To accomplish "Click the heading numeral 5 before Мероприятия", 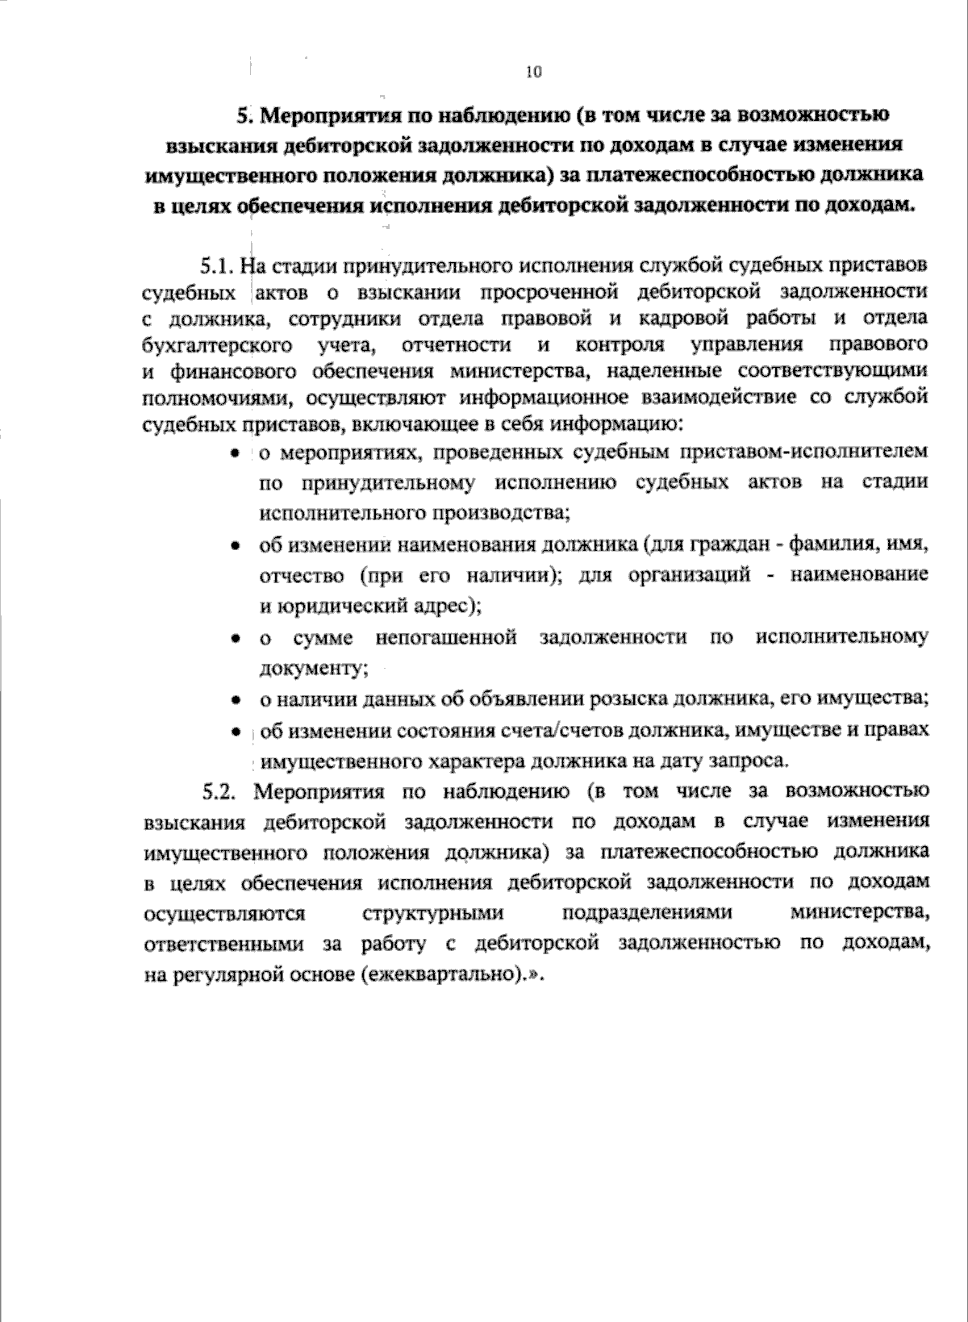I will pyautogui.click(x=244, y=115).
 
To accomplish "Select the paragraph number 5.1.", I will pyautogui.click(x=215, y=265).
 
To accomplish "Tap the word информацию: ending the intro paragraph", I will pyautogui.click(x=615, y=424).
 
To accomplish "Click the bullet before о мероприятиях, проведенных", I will pyautogui.click(x=235, y=454).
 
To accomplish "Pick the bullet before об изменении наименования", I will pyautogui.click(x=235, y=547).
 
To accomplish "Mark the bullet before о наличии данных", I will pyautogui.click(x=235, y=700).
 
